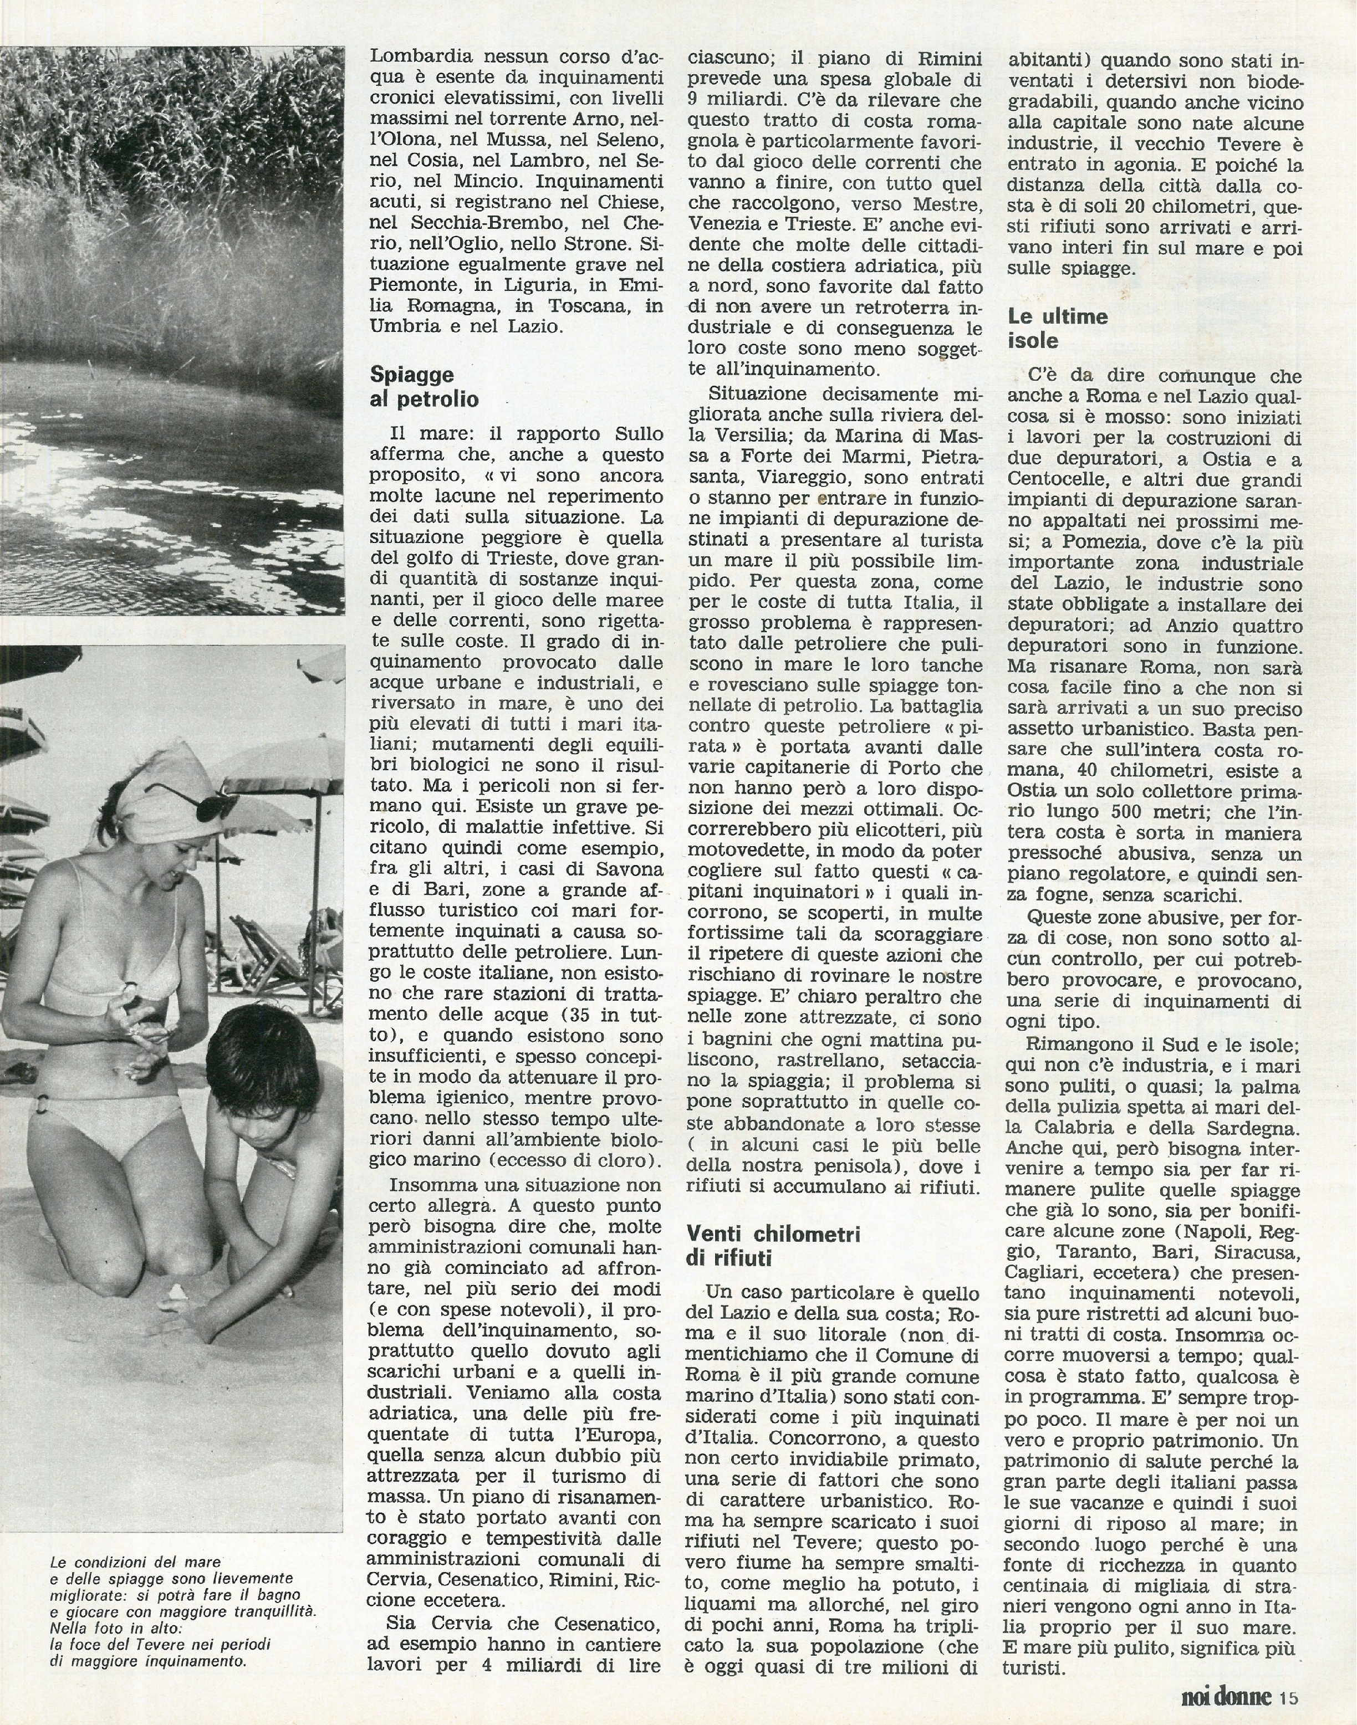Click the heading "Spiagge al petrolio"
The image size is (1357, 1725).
point(424,386)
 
